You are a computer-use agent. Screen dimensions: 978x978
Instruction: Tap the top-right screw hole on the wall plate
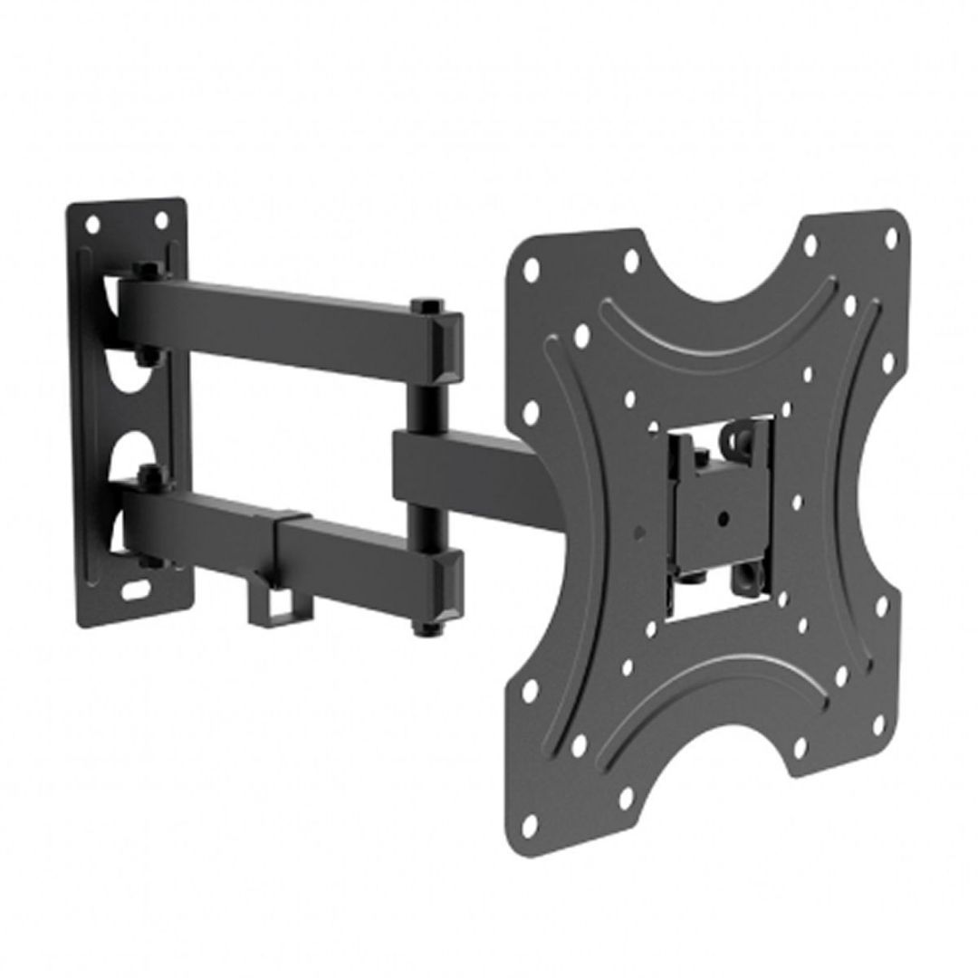click(161, 220)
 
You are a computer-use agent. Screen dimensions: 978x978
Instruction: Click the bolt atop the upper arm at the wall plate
click(142, 270)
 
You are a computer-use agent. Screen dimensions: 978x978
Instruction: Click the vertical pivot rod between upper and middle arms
click(422, 398)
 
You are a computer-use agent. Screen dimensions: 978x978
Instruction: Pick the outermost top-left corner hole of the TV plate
click(532, 269)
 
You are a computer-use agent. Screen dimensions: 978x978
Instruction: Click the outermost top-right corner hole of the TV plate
click(890, 237)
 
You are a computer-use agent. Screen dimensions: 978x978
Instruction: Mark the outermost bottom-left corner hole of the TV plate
click(531, 821)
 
